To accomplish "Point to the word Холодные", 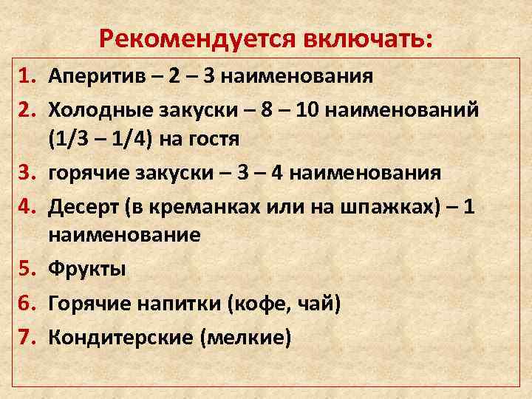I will tap(95, 110).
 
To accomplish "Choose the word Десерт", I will tap(79, 208).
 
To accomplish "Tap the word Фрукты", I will tap(86, 269).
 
